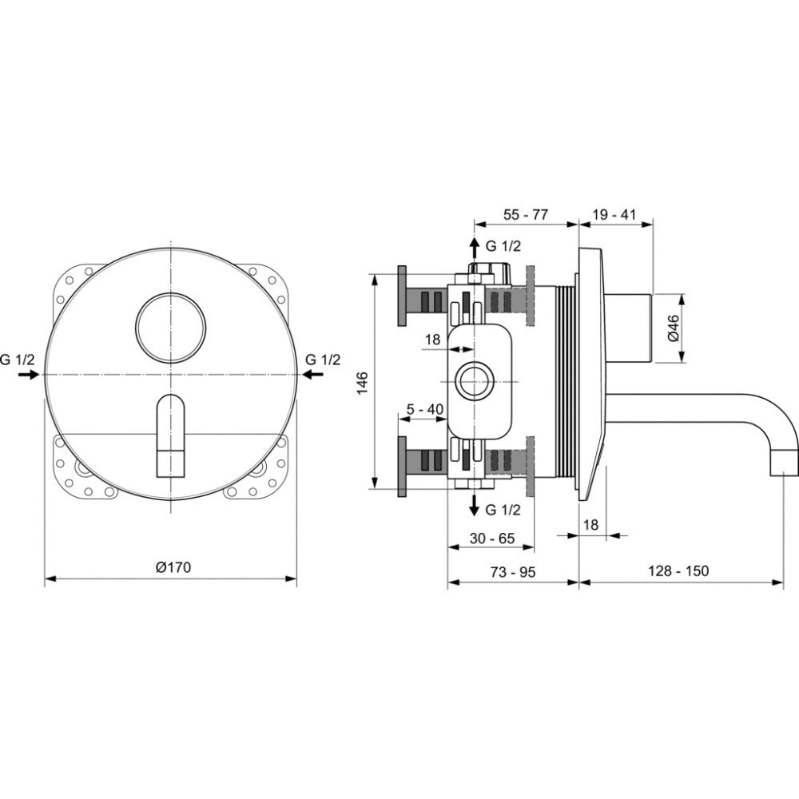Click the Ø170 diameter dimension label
click(173, 567)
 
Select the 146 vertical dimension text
click(362, 384)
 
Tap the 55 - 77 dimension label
click(526, 214)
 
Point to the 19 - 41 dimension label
click(614, 214)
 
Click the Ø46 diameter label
click(673, 328)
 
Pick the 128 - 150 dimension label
click(678, 570)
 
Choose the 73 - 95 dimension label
click(513, 572)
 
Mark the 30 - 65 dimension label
click(492, 539)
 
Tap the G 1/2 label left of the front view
click(18, 360)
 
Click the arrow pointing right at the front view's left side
click(29, 375)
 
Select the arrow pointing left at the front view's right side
click(312, 375)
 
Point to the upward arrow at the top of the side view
click(474, 248)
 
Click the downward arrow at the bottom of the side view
click(474, 505)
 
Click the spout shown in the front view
click(171, 435)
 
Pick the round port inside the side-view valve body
click(475, 381)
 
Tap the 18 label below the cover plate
click(590, 524)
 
